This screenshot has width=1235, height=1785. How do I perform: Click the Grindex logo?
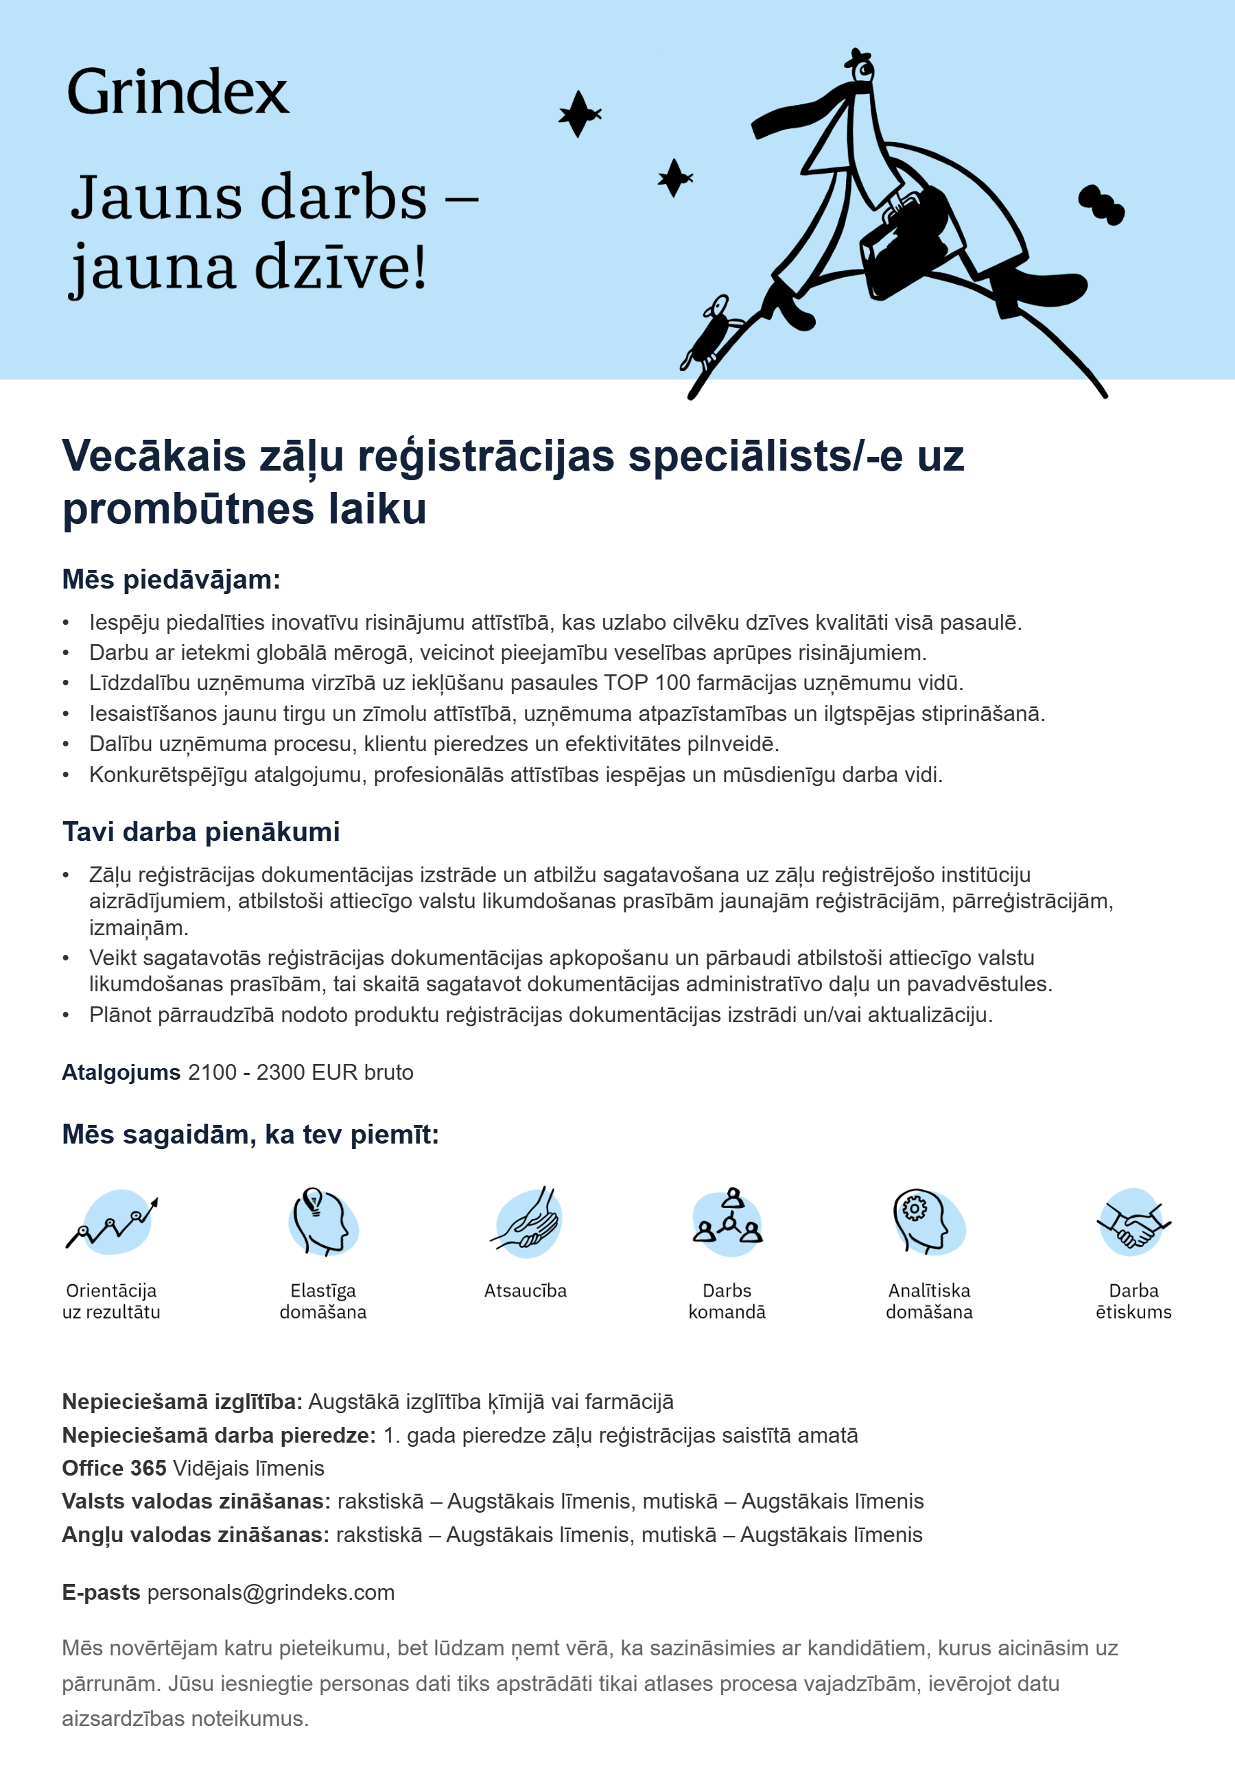coord(177,92)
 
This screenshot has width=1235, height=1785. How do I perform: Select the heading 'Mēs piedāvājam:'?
coord(171,580)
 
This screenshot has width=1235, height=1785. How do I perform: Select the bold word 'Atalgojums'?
coord(121,1072)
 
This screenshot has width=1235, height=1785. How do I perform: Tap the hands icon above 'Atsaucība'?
coord(526,1221)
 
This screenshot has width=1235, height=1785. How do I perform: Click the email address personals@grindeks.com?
coord(271,1592)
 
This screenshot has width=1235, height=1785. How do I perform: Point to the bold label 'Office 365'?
coord(114,1468)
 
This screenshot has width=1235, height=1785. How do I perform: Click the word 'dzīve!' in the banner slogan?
coord(340,267)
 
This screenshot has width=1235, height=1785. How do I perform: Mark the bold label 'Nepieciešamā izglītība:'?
coord(182,1402)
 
